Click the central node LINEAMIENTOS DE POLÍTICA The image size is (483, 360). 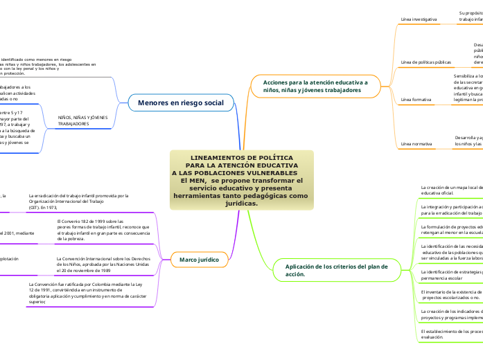[x=241, y=158]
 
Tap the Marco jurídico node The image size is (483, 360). [x=199, y=240]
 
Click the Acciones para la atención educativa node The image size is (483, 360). [x=316, y=86]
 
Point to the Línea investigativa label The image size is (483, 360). [x=419, y=19]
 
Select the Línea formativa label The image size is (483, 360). [x=416, y=100]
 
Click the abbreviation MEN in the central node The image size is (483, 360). [x=188, y=180]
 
